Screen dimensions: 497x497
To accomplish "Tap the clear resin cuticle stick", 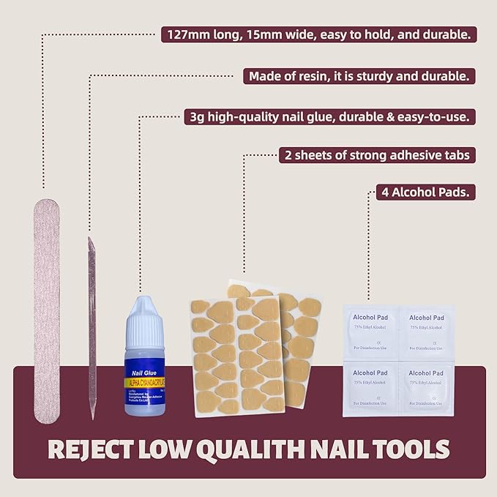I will click(x=91, y=322).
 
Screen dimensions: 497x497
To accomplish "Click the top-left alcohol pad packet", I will click(x=371, y=327).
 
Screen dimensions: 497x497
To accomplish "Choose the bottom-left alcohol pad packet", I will click(x=371, y=388).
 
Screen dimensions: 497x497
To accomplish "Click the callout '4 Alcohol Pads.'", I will click(x=420, y=193).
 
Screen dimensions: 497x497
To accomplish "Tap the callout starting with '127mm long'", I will click(x=318, y=34).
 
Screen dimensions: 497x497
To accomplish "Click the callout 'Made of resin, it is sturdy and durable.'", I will click(x=359, y=75).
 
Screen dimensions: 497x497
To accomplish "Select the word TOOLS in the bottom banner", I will click(x=409, y=447).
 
